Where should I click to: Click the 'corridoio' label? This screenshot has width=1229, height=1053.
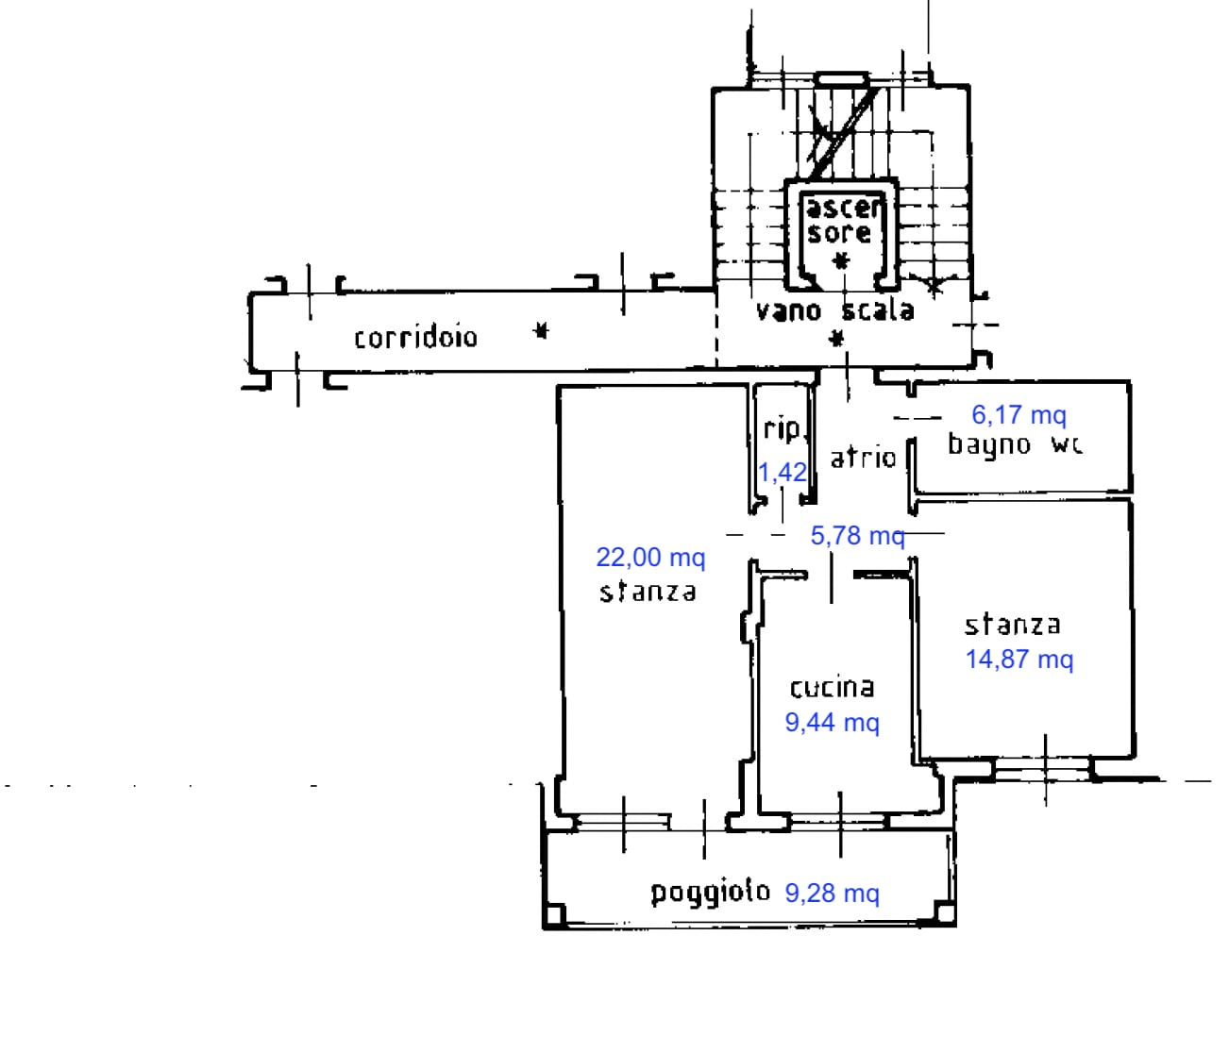[x=415, y=337]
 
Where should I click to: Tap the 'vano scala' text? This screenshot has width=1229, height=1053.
[x=834, y=310]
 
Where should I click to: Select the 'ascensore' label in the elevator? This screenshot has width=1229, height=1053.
[x=840, y=220]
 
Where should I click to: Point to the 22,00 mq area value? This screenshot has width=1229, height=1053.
[x=650, y=558]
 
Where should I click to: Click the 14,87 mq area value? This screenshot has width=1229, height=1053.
[x=1019, y=659]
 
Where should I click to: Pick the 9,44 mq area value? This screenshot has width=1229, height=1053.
[x=832, y=723]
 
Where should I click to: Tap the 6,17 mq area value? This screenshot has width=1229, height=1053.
[x=1019, y=414]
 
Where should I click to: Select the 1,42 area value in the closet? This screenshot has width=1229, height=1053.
[x=783, y=472]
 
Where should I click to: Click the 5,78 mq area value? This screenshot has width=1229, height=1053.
[x=857, y=536]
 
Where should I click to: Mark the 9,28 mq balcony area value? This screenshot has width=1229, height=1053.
[x=832, y=893]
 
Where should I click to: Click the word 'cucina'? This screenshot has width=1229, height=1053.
[x=832, y=688]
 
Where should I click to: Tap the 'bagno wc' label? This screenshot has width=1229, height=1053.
[x=1015, y=444]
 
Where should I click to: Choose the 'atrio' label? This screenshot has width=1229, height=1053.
[x=862, y=459]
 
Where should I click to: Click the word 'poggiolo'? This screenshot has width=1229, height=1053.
[x=710, y=892]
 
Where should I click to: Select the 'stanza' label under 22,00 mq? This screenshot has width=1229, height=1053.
[x=648, y=592]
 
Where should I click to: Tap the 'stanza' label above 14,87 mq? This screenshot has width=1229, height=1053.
[x=1012, y=625]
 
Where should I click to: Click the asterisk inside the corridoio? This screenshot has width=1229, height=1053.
[x=540, y=330]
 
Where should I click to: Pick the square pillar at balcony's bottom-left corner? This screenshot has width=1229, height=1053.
[x=555, y=914]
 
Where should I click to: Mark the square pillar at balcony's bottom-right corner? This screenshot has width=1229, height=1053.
[x=944, y=911]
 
